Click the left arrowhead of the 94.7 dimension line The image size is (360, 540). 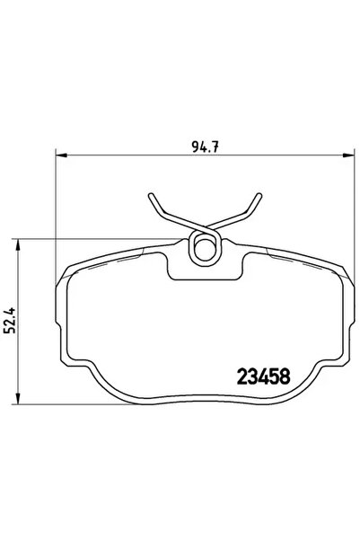pos(60,155)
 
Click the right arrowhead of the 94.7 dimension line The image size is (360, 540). pos(344,155)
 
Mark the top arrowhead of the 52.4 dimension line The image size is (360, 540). pos(20,243)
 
